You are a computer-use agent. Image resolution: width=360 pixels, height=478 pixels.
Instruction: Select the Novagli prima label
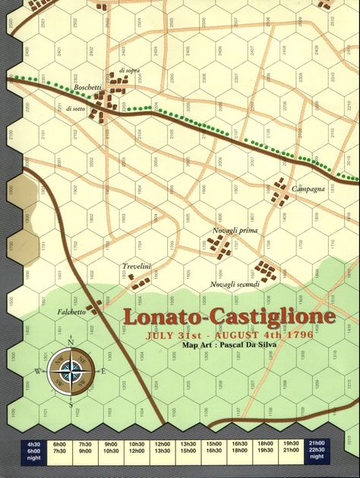(235, 230)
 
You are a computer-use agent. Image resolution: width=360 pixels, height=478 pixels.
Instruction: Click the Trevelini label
(137, 266)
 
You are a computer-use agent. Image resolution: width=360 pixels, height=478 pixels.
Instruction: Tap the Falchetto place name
(71, 312)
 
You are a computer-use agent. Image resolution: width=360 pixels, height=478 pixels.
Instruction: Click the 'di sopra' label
(129, 71)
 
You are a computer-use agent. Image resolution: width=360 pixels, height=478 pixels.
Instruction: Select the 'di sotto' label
(77, 109)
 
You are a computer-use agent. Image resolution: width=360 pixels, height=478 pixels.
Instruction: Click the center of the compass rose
(71, 371)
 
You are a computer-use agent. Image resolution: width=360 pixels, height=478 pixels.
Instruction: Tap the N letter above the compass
(71, 341)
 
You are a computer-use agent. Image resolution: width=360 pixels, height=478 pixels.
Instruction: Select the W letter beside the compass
(37, 371)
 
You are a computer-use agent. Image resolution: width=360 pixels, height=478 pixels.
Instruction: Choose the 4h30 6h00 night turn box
(33, 450)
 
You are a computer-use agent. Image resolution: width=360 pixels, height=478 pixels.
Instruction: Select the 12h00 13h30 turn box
(163, 450)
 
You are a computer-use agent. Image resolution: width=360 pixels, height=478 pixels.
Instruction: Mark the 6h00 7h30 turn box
(59, 450)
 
